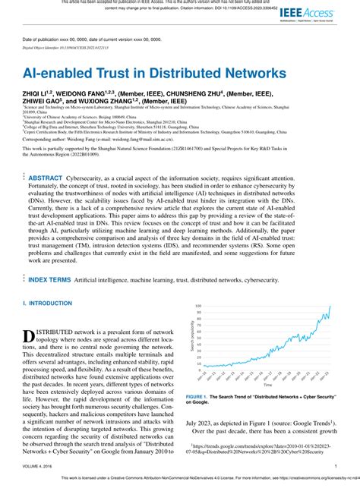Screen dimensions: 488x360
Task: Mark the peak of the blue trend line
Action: click(330, 306)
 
